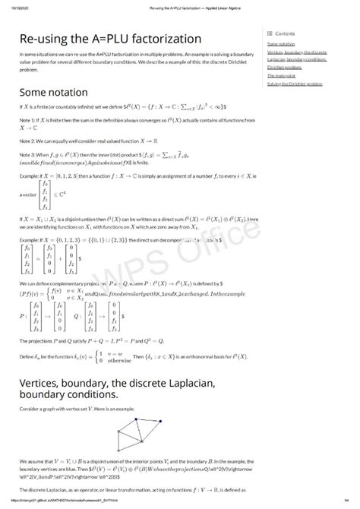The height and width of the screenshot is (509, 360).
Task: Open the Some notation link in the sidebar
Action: tap(281, 44)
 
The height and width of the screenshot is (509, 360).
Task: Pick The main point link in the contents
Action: tap(281, 74)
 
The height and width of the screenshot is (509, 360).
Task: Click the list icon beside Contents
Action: tap(270, 33)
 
